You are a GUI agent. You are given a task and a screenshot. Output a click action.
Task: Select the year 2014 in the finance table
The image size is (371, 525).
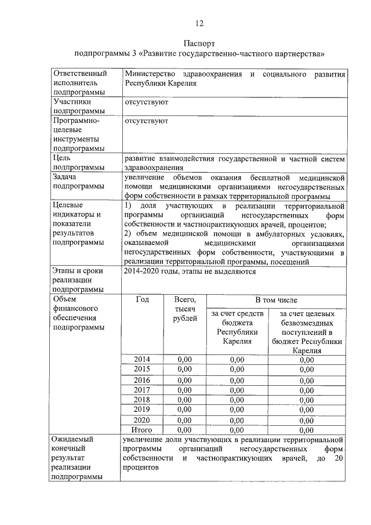coord(142,360)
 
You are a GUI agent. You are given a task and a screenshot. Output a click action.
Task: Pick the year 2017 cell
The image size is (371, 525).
coord(142,390)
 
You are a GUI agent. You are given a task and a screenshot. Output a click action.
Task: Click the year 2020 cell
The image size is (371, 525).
coord(142,420)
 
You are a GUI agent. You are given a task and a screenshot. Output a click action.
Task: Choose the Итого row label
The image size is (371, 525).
coord(142,430)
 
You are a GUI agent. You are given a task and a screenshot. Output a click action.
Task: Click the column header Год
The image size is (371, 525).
coord(142,300)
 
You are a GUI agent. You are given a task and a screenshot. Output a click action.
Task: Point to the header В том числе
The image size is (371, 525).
coord(277,300)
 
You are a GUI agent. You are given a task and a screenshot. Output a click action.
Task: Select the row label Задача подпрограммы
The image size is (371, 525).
coord(77,182)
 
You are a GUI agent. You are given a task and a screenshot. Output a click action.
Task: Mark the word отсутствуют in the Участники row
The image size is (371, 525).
coord(146,102)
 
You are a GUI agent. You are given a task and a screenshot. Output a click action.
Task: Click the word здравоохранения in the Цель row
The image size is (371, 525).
coord(151,168)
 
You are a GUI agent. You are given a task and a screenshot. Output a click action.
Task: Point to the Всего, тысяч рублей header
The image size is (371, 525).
coord(185,310)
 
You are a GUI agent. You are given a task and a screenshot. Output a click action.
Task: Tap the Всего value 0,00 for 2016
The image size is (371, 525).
coord(185,380)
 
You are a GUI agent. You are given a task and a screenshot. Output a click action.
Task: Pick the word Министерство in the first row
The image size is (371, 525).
coord(151,74)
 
